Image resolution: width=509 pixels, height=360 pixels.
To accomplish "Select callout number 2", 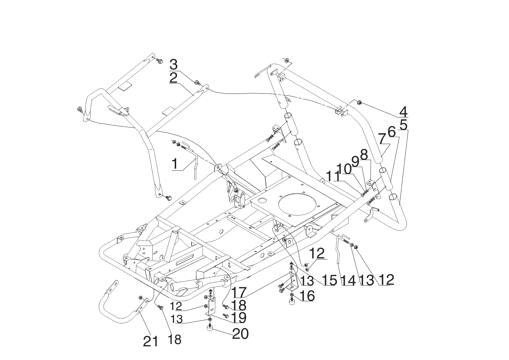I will [174, 78].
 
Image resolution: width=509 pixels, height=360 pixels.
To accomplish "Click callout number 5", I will [403, 124].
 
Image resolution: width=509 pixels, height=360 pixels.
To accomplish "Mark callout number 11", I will [332, 176].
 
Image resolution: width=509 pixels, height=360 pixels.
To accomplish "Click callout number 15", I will [330, 280].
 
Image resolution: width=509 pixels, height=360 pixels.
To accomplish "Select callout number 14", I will [348, 280].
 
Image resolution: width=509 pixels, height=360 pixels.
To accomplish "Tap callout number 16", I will [307, 296].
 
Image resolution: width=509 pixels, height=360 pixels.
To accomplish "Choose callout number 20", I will [240, 334].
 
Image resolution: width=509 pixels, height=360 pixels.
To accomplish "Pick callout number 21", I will [151, 341].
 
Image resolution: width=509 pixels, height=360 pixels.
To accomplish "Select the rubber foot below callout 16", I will [291, 302].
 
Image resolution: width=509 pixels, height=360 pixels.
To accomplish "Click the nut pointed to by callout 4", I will [359, 102].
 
